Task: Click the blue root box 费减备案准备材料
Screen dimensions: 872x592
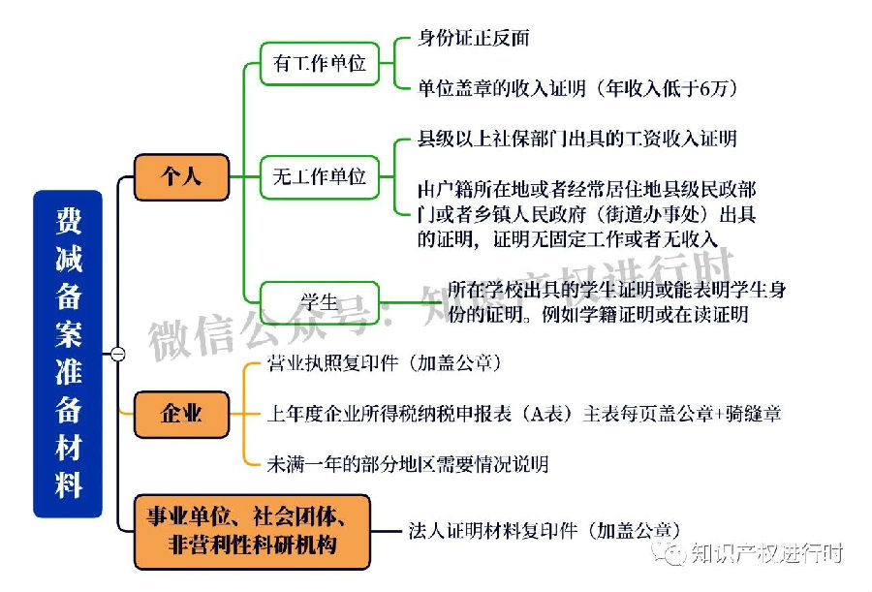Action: click(68, 354)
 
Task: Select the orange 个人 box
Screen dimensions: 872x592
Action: click(181, 177)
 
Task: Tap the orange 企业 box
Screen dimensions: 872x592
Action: click(181, 414)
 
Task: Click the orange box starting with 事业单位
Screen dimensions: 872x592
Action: click(252, 531)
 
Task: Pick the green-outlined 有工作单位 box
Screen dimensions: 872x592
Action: click(319, 63)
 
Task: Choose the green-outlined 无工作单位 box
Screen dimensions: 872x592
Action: click(319, 177)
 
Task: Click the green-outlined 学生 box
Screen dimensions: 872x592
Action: click(319, 302)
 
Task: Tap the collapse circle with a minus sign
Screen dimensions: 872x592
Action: click(118, 354)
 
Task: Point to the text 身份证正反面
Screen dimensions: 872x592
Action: click(473, 38)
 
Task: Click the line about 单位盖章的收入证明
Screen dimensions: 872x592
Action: click(577, 88)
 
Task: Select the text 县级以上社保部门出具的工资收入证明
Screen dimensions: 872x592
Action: click(577, 139)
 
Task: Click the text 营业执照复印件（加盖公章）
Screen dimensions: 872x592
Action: click(385, 362)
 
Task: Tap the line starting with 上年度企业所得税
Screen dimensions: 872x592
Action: click(524, 414)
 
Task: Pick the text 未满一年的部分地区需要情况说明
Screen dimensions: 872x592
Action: click(408, 463)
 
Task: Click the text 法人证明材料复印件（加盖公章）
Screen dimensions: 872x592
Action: click(545, 530)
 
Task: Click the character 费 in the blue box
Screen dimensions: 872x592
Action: click(69, 221)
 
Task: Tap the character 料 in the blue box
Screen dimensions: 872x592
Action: click(69, 485)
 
